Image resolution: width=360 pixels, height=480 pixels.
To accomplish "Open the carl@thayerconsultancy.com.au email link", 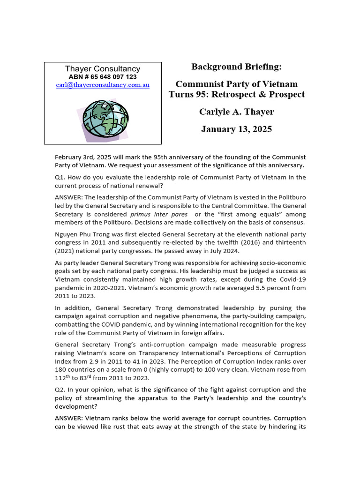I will coord(103,85).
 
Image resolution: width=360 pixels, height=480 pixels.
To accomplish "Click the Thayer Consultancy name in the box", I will coord(103,69).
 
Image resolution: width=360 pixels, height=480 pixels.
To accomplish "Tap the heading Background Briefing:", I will coord(236,67).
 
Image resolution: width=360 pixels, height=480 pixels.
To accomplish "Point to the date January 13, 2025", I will coord(236,129).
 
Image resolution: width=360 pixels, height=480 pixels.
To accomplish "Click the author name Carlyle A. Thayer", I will coord(236,112).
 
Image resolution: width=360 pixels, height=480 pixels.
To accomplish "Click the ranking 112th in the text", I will coord(62,378).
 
